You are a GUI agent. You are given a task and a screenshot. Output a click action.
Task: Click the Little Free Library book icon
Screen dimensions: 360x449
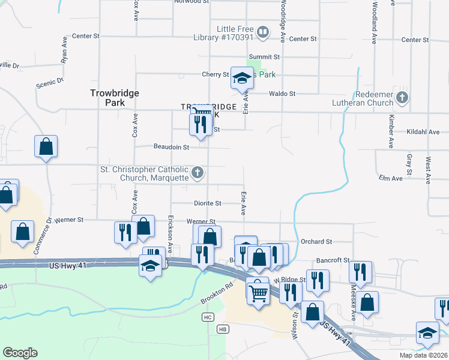pyautogui.click(x=262, y=32)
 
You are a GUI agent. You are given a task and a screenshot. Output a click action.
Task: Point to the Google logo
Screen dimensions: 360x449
pyautogui.click(x=20, y=353)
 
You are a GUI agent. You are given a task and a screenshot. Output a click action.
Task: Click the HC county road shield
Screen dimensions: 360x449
pyautogui.click(x=208, y=317)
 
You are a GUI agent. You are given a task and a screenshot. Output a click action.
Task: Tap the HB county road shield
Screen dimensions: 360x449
pyautogui.click(x=223, y=329)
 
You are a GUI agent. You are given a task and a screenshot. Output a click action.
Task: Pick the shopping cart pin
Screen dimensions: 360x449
pyautogui.click(x=258, y=293)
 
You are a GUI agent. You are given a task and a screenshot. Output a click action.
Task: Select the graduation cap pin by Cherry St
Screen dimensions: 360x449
pyautogui.click(x=242, y=79)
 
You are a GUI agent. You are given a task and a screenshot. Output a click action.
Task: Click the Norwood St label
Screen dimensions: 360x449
pyautogui.click(x=191, y=2)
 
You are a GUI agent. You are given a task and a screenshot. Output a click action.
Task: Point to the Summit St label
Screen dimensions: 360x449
pyautogui.click(x=268, y=57)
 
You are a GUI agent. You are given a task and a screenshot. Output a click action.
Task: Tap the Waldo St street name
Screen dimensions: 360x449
pyautogui.click(x=282, y=94)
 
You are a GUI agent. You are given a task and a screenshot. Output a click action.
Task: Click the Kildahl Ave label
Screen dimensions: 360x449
pyautogui.click(x=423, y=132)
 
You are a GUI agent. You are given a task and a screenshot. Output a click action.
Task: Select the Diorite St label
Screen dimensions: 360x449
pyautogui.click(x=208, y=203)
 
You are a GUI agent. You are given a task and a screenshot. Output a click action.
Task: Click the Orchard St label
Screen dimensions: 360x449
pyautogui.click(x=316, y=242)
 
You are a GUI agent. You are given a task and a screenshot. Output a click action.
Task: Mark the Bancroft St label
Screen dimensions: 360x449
pyautogui.click(x=333, y=260)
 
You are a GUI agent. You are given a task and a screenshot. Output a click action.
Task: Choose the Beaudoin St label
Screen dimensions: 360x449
pyautogui.click(x=171, y=146)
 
